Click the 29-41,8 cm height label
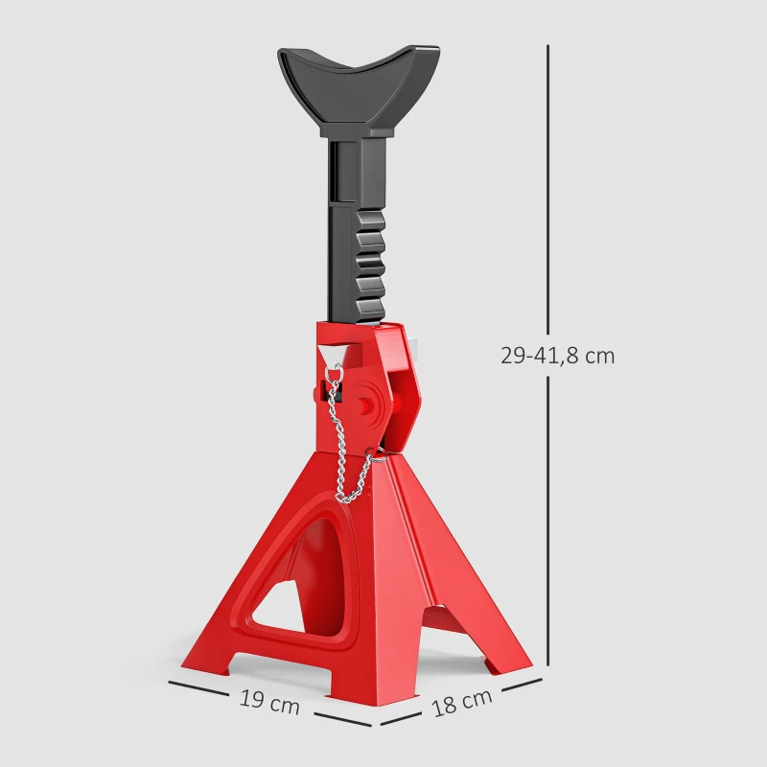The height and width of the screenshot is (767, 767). pyautogui.click(x=557, y=356)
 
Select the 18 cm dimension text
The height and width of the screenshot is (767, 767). pyautogui.click(x=462, y=702)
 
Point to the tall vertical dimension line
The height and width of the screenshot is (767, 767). pyautogui.click(x=548, y=192)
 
